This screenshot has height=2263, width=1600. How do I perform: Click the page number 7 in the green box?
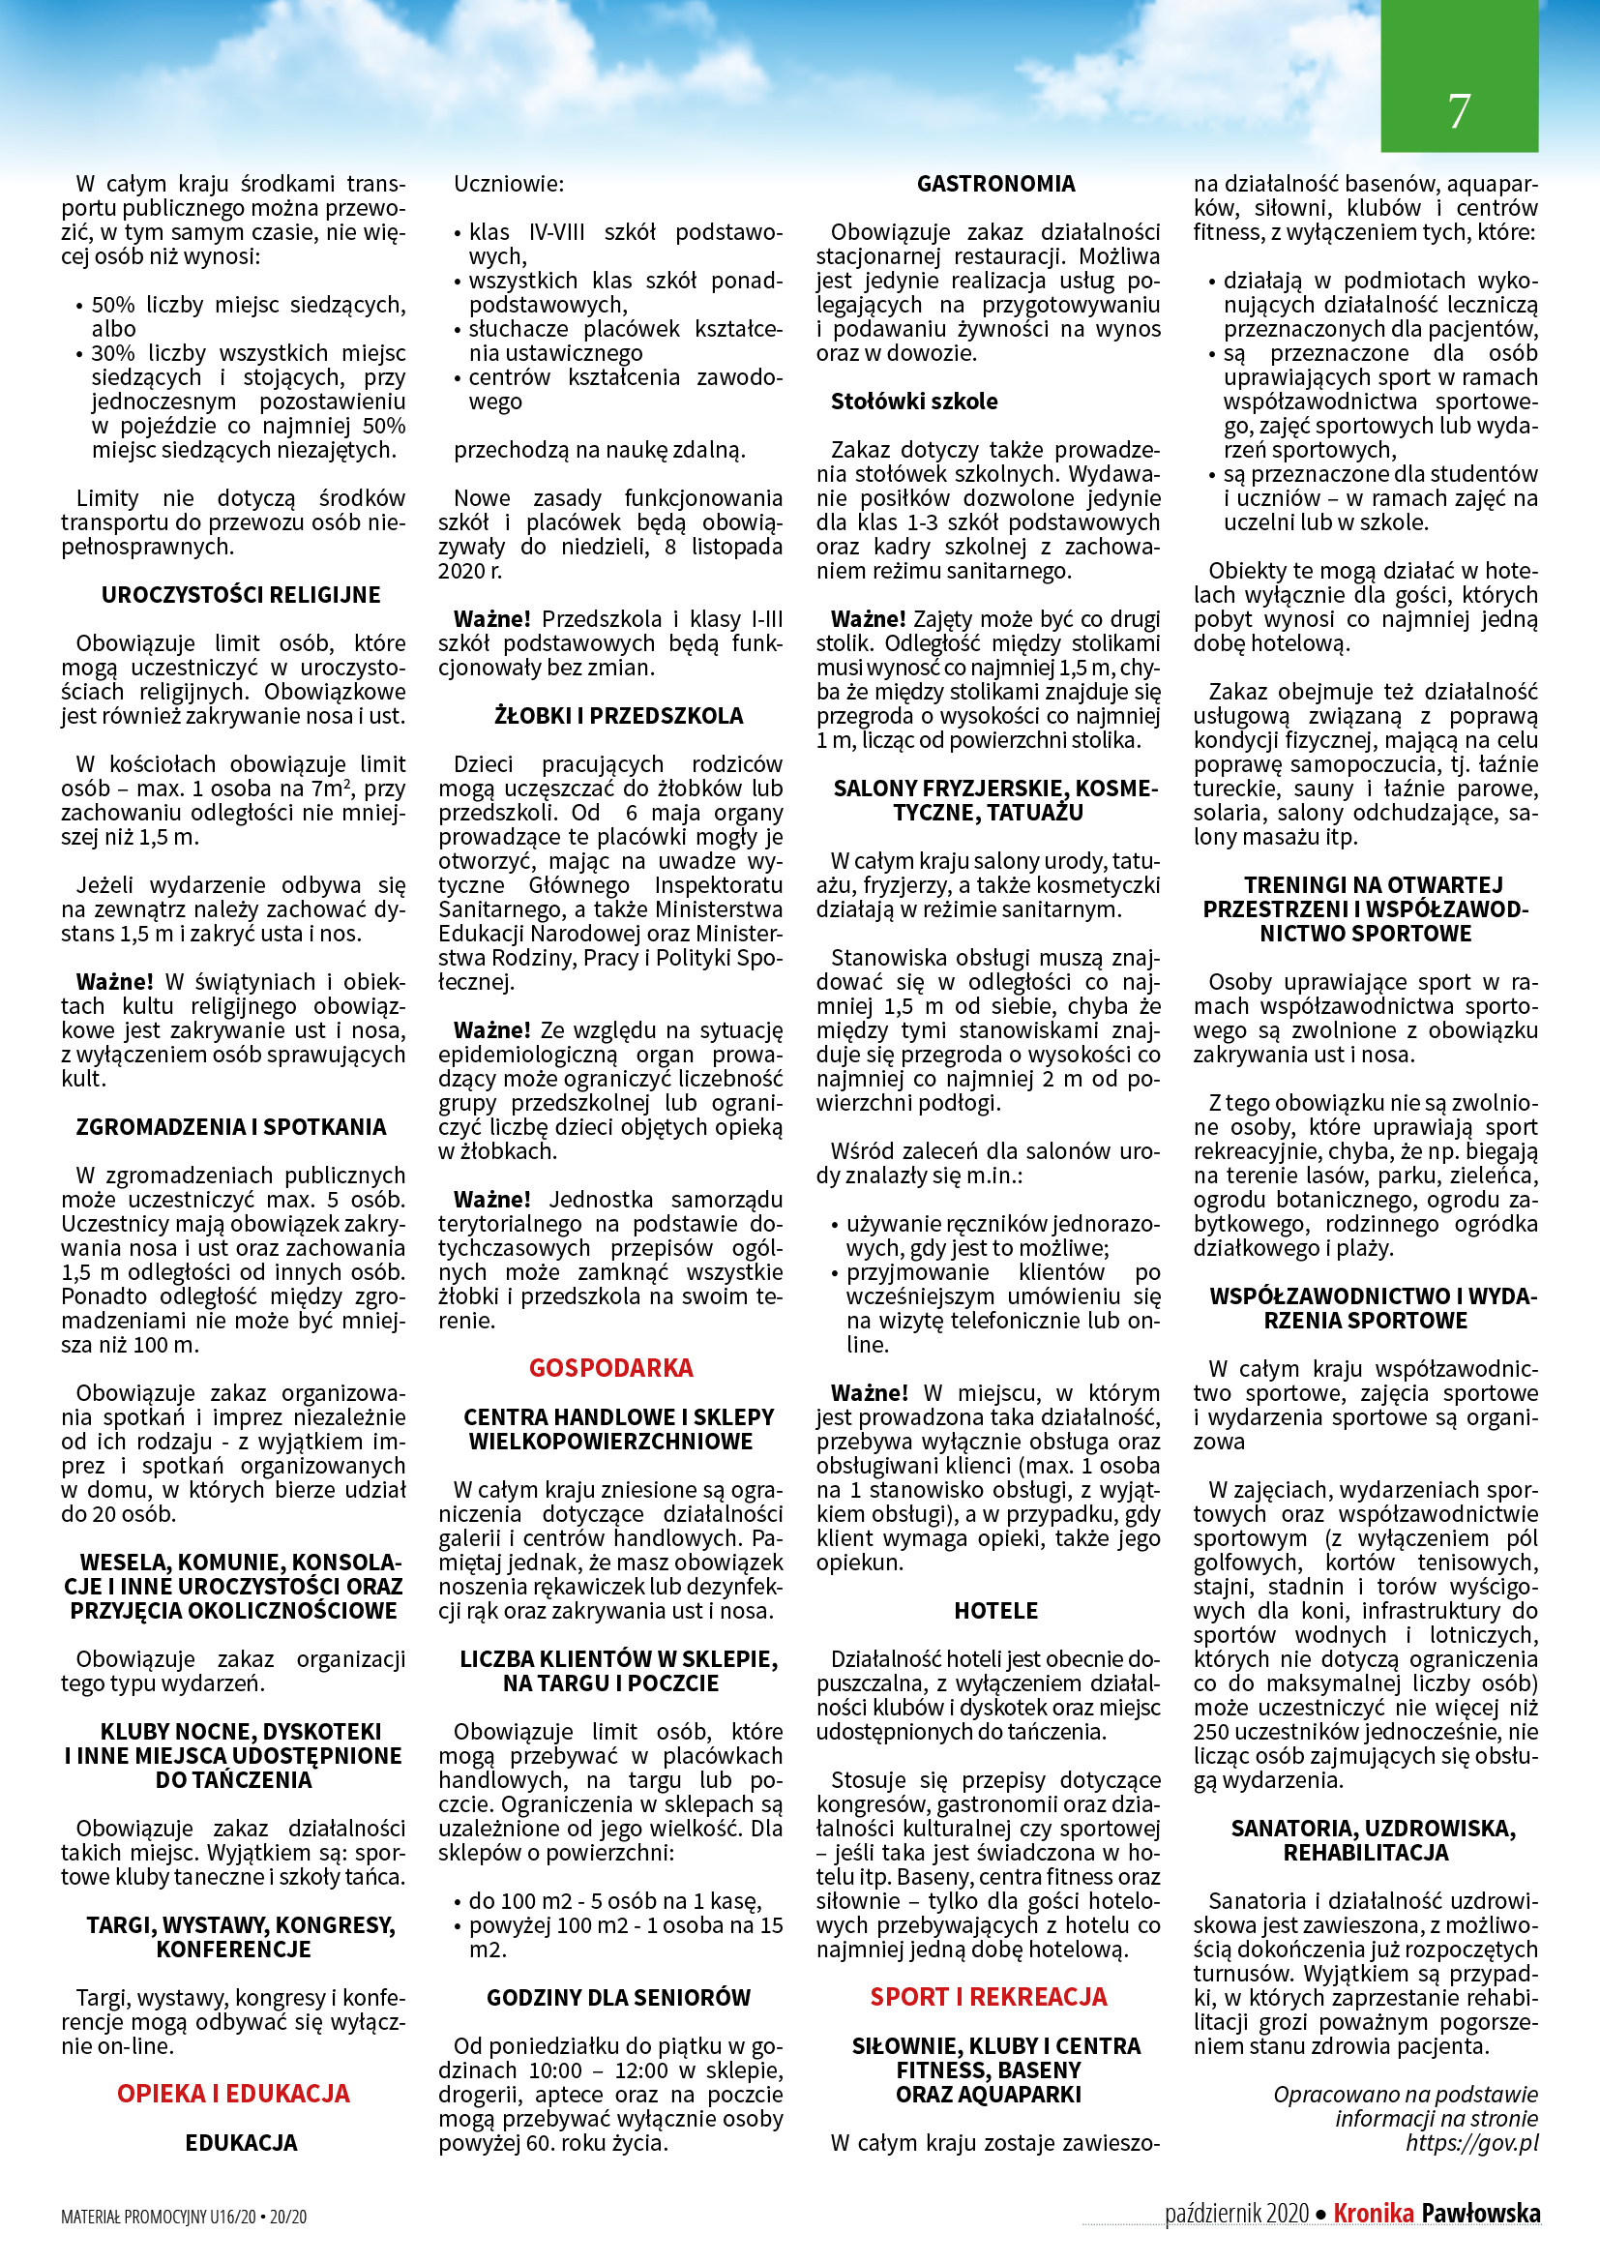1458,110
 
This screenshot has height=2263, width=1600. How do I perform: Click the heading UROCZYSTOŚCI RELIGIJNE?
241,595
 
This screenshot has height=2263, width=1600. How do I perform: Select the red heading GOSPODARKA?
610,1368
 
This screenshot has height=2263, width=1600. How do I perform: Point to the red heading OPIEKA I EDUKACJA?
233,2094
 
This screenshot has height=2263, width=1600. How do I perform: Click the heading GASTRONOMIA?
996,185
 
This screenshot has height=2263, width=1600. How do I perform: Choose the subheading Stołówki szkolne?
913,402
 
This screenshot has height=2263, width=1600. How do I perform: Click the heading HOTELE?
996,1611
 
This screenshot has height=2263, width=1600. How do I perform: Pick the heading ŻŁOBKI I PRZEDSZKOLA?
619,717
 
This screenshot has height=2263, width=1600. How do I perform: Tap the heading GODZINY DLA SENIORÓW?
619,1998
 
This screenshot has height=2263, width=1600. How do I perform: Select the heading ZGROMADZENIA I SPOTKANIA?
231,1127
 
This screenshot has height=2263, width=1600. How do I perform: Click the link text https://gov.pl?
1471,2143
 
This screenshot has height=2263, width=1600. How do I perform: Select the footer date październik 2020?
1236,2215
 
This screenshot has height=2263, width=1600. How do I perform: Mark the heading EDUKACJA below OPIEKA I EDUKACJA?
242,2143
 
